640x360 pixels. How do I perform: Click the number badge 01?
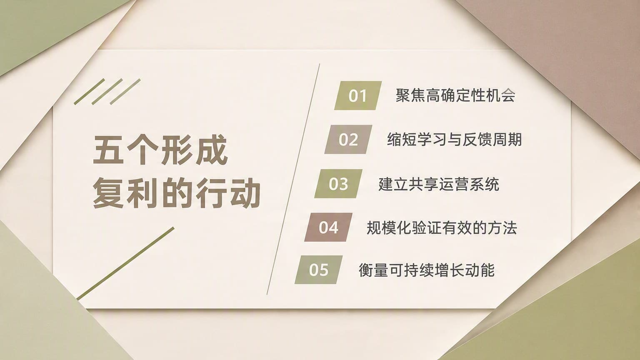point(358,95)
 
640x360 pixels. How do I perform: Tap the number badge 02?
point(348,140)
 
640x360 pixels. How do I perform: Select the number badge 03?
point(339,183)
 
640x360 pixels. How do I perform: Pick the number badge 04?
point(329,227)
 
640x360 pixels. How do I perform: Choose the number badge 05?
point(319,270)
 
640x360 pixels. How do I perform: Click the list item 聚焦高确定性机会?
point(455,95)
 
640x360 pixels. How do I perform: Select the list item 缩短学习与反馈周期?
point(455,140)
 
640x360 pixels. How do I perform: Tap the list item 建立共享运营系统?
point(439,184)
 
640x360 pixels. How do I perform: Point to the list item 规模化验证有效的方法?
point(442,228)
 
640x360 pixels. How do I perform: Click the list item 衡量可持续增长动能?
point(427,270)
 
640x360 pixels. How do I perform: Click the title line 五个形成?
point(160,150)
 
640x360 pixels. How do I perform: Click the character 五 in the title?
point(108,150)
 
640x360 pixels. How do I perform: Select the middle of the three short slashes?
point(107,91)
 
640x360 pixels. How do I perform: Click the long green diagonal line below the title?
point(125,263)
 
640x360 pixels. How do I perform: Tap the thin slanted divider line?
point(293,179)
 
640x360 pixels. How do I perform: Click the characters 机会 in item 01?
point(500,95)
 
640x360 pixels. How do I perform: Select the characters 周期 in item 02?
point(507,140)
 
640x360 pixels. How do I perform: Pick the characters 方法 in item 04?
point(502,228)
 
